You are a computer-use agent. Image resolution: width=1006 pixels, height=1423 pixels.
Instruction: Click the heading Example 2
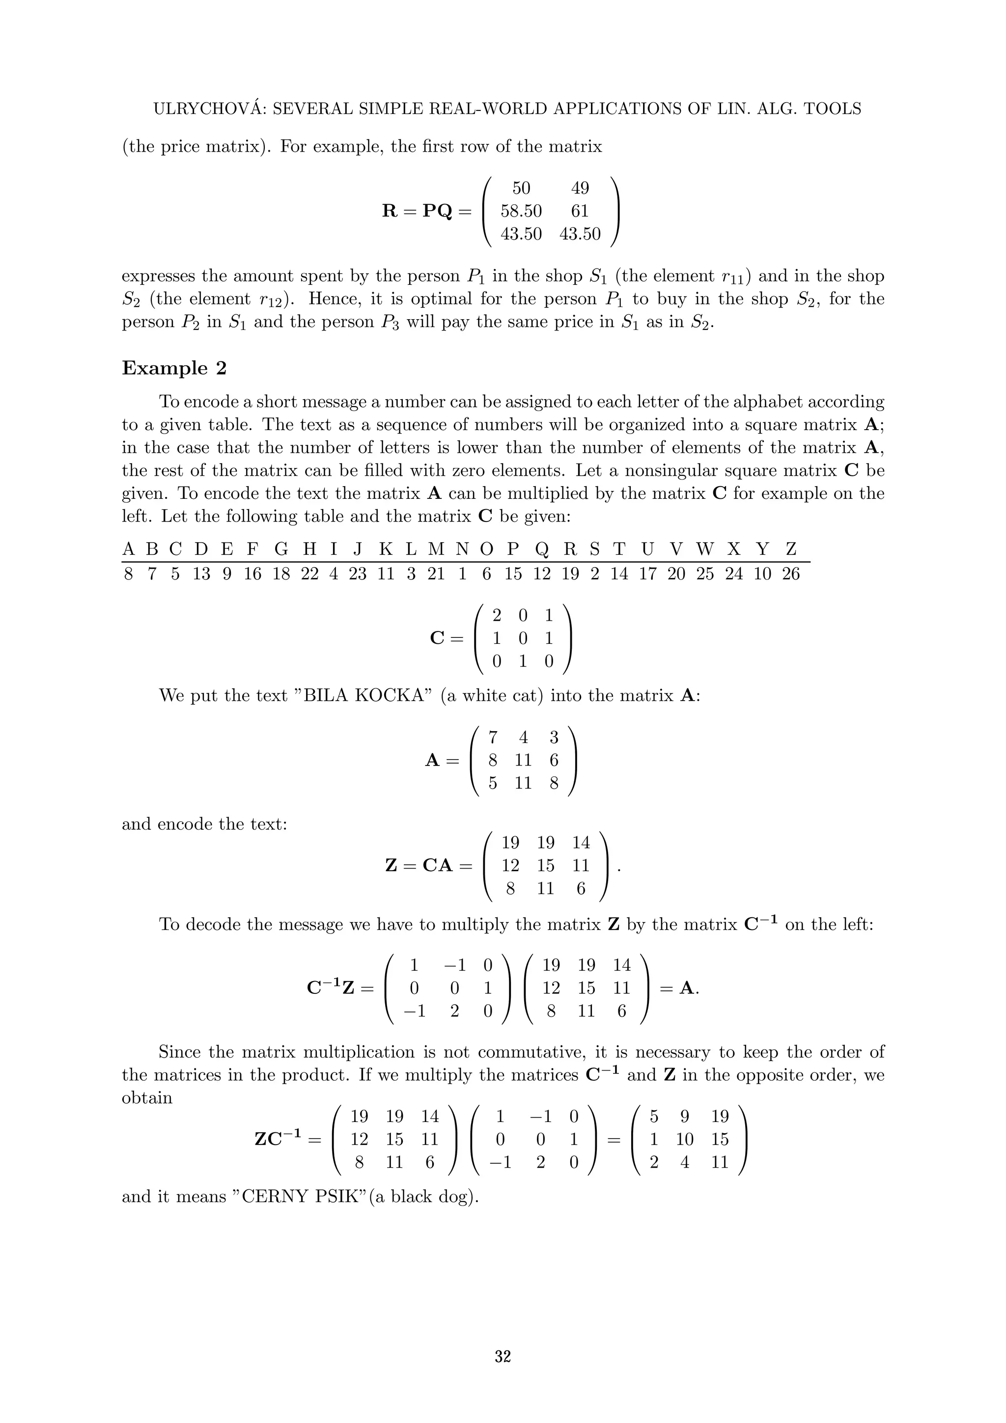[174, 368]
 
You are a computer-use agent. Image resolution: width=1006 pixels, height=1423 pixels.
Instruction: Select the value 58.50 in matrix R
[521, 211]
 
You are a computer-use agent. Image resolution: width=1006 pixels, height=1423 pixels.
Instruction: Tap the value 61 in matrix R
[580, 211]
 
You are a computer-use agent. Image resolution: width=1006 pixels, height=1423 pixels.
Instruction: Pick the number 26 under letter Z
[790, 574]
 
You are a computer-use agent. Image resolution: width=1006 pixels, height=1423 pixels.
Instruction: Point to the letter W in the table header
[705, 549]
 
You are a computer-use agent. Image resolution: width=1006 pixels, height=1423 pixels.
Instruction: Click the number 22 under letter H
[309, 574]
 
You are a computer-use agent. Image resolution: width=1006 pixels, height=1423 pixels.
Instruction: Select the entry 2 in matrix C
[497, 615]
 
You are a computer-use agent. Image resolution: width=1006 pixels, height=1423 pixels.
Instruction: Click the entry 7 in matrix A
[493, 738]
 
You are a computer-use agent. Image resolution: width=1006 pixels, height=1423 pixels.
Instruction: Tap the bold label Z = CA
[428, 865]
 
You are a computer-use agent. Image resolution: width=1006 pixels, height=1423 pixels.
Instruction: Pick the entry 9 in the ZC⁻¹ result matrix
[684, 1117]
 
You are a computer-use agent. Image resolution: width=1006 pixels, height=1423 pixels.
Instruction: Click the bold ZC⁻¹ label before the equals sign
[279, 1139]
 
